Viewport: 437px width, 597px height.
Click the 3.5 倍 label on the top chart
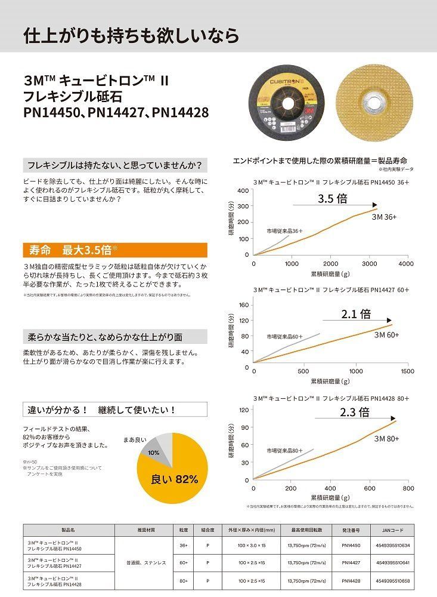point(333,199)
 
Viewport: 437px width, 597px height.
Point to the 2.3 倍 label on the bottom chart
point(355,412)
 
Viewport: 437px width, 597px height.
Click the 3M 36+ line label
point(386,217)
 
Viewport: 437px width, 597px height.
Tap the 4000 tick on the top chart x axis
point(406,263)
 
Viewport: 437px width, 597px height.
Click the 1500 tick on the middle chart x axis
point(407,371)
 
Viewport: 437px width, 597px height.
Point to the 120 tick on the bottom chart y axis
point(244,410)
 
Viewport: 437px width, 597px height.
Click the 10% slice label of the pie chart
point(154,453)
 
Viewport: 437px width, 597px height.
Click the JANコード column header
point(392,530)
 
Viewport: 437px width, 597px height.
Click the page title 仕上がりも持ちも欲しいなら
point(131,35)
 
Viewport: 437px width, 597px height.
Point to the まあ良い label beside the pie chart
point(135,439)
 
